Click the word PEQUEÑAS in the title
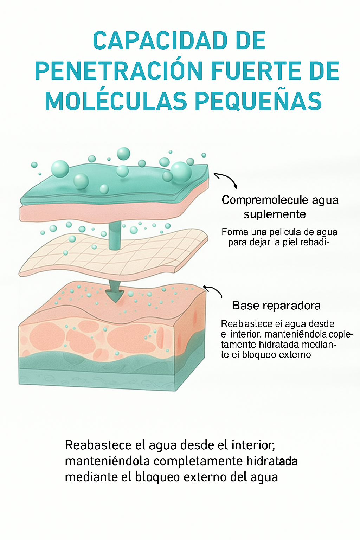point(258,102)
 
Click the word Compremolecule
point(260,200)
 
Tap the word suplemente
point(275,214)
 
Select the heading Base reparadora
point(276,306)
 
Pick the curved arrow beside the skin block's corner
point(213,290)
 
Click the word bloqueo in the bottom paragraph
point(158,477)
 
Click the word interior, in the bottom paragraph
point(253,445)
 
